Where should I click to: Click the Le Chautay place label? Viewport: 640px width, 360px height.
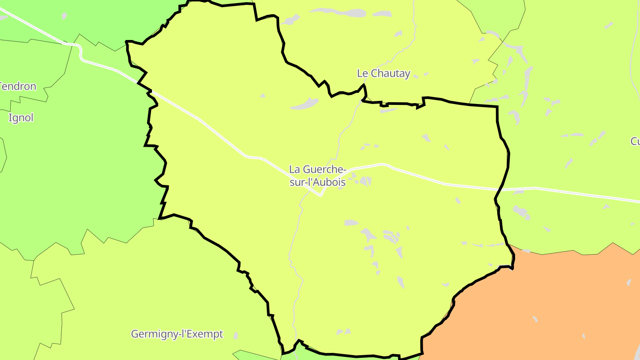click(384, 74)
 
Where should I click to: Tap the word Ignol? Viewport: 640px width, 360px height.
click(21, 118)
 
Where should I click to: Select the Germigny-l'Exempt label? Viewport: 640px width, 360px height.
click(177, 334)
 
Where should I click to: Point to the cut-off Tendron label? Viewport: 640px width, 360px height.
click(18, 86)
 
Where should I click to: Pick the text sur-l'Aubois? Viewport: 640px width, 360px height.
click(317, 182)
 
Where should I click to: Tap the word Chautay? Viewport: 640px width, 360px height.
click(390, 74)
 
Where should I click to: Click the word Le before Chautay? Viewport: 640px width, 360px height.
click(363, 74)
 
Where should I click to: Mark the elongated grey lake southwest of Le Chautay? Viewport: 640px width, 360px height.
click(304, 104)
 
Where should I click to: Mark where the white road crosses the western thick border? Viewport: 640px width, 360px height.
click(150, 92)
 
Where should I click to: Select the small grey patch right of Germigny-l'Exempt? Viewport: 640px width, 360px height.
click(236, 336)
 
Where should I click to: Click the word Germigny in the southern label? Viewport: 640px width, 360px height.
click(152, 334)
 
